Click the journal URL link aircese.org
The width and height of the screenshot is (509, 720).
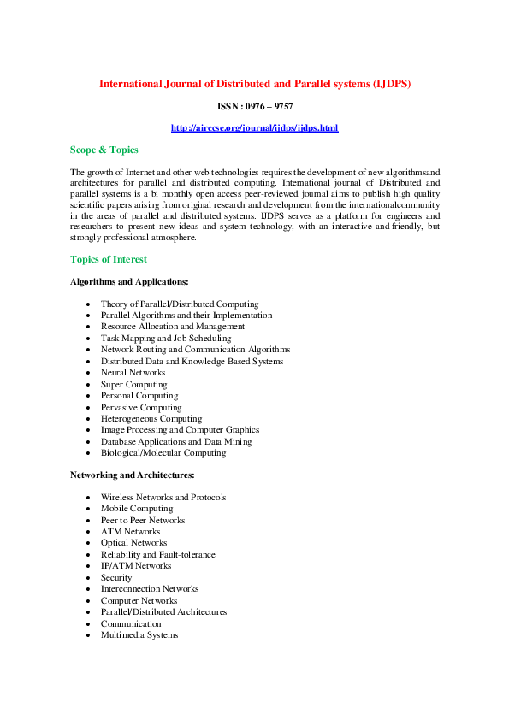[x=254, y=128]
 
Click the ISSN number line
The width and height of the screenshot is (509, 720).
[x=254, y=106]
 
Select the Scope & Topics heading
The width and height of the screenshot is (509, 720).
[x=104, y=150]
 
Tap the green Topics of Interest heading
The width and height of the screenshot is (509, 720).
[x=108, y=259]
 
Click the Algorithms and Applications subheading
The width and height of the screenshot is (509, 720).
[x=129, y=281]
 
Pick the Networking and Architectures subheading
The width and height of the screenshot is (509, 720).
[x=132, y=475]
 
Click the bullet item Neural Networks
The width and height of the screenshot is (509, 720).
[x=133, y=373]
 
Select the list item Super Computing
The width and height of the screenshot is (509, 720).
[x=133, y=385]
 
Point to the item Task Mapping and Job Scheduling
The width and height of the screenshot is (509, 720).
[x=165, y=339]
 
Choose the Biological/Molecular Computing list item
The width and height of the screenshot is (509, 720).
[x=163, y=453]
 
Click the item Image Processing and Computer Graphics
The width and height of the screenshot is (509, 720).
[x=180, y=430]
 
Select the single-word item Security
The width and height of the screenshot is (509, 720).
[x=116, y=578]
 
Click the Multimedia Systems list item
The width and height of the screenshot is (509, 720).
[x=139, y=635]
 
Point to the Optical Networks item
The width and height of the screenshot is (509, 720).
[x=134, y=543]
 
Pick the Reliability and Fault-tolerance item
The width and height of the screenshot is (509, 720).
[x=157, y=555]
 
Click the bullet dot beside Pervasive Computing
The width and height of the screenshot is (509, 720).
[x=88, y=408]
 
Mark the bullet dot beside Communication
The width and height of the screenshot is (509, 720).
[x=88, y=624]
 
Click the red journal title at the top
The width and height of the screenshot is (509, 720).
[x=255, y=84]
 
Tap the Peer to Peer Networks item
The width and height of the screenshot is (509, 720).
[x=142, y=521]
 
